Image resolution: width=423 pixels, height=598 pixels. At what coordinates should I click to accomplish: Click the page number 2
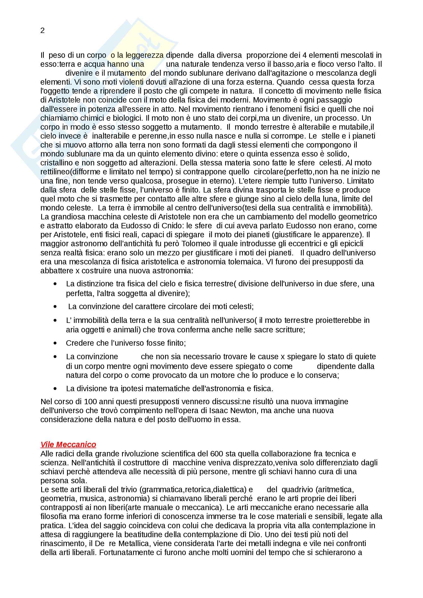click(x=42, y=31)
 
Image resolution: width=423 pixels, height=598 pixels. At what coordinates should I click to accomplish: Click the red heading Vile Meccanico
click(x=68, y=444)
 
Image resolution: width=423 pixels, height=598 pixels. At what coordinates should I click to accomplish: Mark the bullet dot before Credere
click(x=55, y=343)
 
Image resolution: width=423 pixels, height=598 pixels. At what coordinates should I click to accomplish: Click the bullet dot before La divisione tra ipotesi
click(x=55, y=389)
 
